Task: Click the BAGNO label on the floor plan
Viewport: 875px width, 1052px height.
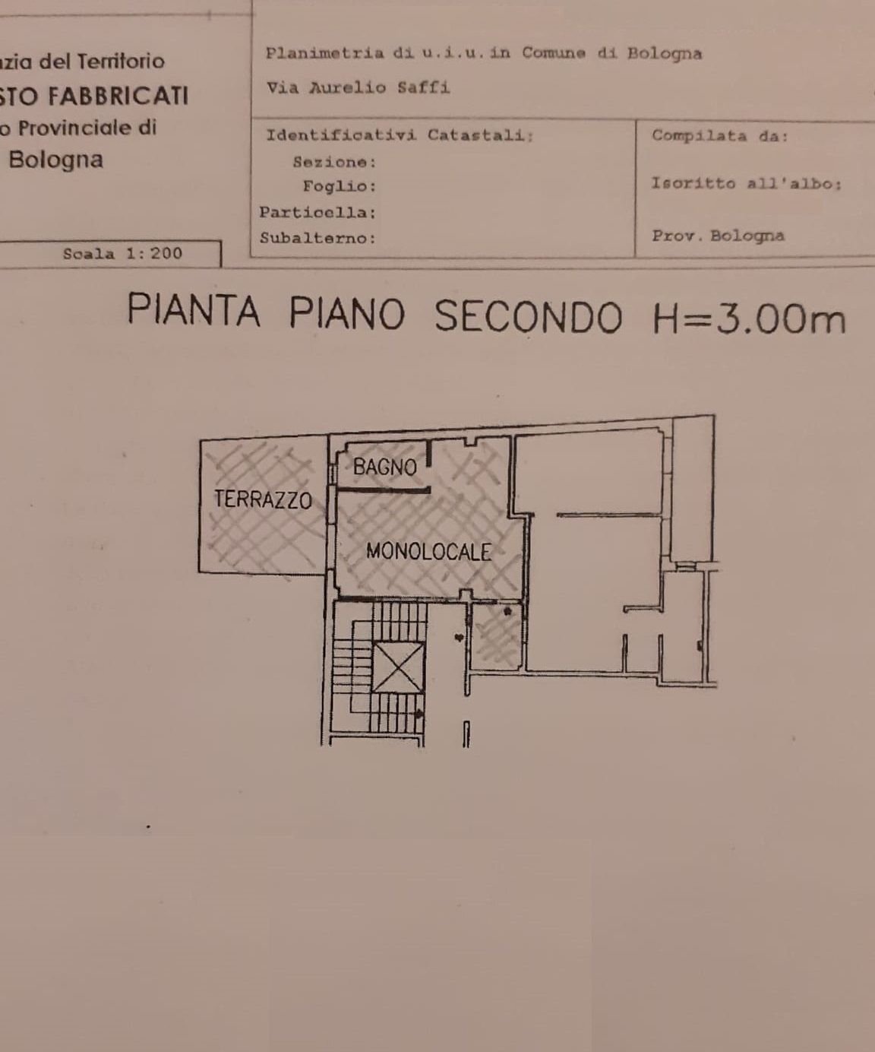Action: tap(385, 467)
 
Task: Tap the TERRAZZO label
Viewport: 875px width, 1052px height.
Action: tap(263, 499)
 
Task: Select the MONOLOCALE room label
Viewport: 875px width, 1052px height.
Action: tap(428, 551)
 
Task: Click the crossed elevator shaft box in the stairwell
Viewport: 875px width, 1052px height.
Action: tap(400, 667)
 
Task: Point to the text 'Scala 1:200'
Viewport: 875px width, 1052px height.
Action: tap(123, 254)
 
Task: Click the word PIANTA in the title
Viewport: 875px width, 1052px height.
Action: tap(194, 312)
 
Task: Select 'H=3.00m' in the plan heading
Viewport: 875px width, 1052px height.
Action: tap(749, 318)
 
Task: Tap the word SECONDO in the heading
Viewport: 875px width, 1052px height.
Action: tap(529, 316)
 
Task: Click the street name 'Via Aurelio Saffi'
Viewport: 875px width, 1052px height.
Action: tap(358, 87)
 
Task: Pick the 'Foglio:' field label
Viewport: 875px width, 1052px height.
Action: tap(340, 186)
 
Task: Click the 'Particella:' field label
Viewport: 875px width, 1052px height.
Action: tap(317, 212)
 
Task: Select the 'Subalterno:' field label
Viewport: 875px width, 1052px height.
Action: tap(317, 238)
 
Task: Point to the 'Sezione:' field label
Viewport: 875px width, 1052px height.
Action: tap(334, 162)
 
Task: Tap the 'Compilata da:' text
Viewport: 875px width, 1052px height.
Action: tap(720, 136)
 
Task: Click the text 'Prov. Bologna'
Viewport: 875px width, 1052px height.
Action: tap(718, 236)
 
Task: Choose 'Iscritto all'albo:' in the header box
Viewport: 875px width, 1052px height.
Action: tap(746, 184)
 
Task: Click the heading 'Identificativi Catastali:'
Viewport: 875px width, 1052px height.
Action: tap(400, 135)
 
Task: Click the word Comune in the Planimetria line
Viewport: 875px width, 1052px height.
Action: tap(554, 53)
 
